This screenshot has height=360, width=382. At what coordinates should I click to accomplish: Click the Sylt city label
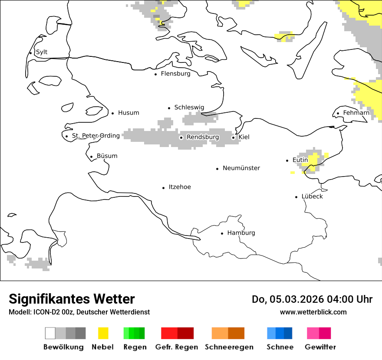(x=42, y=52)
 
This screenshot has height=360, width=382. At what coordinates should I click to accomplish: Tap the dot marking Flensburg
(x=155, y=74)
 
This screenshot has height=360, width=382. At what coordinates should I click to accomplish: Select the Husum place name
(x=128, y=113)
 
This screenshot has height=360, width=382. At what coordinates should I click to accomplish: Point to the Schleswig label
(x=189, y=108)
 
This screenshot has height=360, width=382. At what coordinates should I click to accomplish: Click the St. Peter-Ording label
(x=95, y=136)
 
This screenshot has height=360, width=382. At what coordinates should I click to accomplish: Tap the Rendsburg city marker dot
(x=181, y=137)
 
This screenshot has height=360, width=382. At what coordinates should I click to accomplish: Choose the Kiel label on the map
(x=244, y=137)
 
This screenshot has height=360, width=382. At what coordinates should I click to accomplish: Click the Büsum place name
(x=107, y=156)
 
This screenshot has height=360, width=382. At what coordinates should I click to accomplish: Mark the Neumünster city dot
(x=217, y=169)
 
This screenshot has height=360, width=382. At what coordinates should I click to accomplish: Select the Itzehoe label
(x=180, y=187)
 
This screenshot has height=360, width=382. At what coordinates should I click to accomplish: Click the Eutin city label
(x=300, y=160)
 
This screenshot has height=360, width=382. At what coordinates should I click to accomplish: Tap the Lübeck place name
(x=312, y=196)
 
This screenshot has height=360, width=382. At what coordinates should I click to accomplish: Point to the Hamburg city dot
(x=222, y=233)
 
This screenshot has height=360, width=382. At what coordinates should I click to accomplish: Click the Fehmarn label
(x=356, y=113)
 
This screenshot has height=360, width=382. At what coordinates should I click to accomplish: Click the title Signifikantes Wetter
(x=72, y=299)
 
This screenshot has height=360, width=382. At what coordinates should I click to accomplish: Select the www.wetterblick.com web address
(x=313, y=312)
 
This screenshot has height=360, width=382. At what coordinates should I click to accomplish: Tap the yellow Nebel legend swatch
(x=103, y=333)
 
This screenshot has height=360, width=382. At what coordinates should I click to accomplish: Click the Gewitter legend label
(x=320, y=347)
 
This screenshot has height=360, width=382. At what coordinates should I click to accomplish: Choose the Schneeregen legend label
(x=229, y=347)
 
